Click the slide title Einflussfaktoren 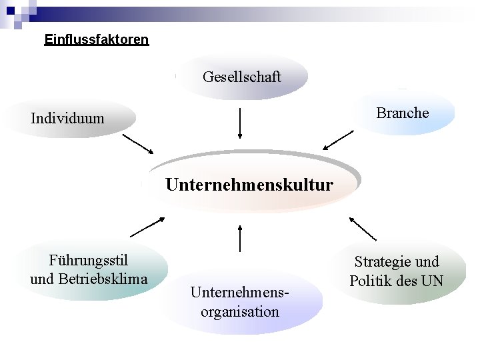(x=97, y=40)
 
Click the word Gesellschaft (x=241, y=77)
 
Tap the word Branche (x=402, y=113)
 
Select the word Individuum (x=67, y=119)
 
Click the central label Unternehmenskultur (x=249, y=184)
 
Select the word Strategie (x=381, y=261)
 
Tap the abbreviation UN (x=432, y=281)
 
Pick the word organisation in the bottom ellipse (x=239, y=311)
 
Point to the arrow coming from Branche (x=338, y=140)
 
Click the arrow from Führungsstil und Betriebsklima (x=147, y=227)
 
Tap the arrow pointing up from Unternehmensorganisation (x=239, y=238)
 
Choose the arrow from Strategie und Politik (x=362, y=228)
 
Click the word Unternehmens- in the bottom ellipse (x=240, y=292)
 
